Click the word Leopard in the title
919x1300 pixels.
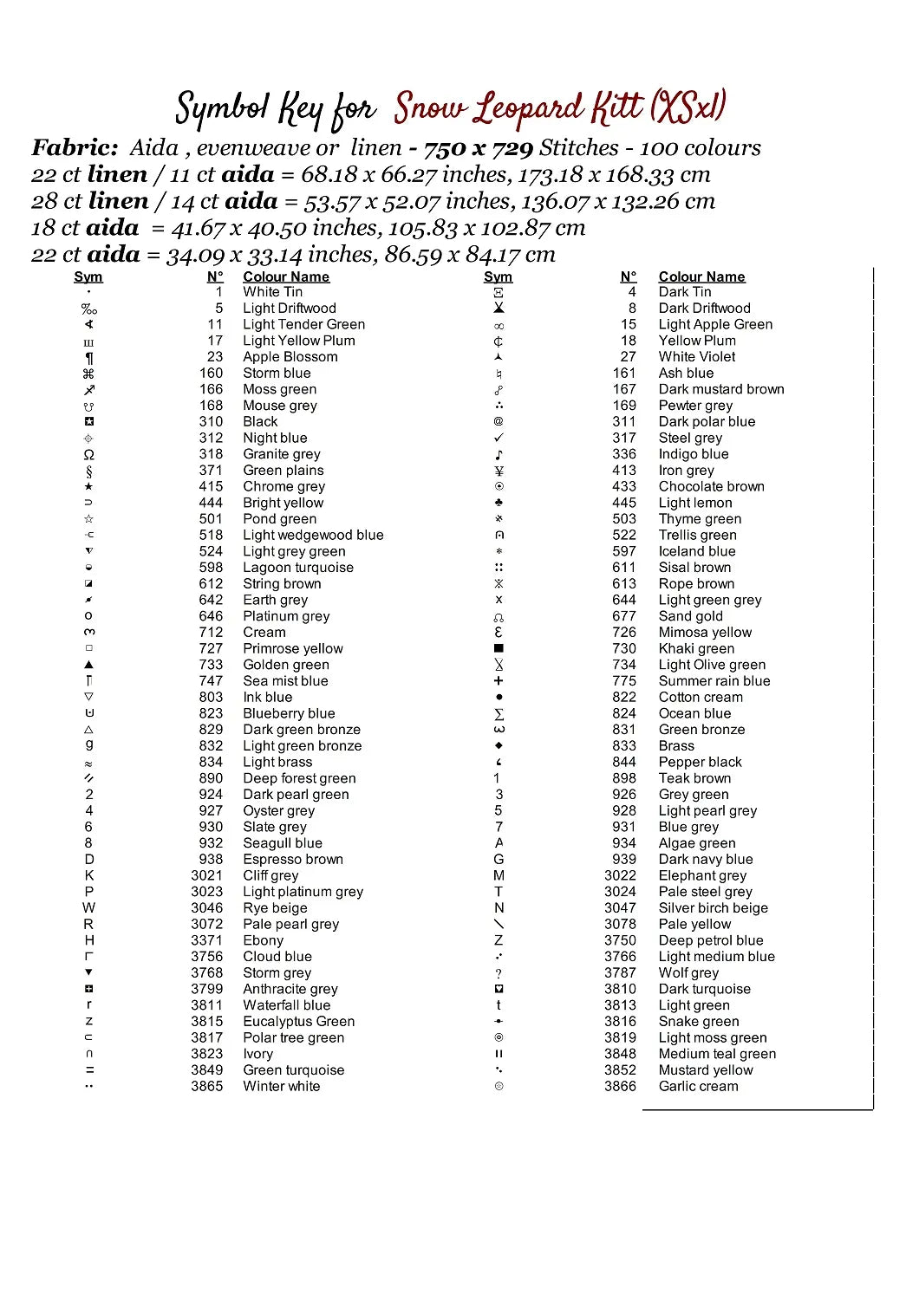point(528,109)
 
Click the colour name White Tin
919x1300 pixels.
point(272,292)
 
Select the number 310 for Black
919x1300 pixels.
point(211,422)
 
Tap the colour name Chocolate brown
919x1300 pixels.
point(711,487)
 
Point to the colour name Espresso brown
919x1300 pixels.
point(292,860)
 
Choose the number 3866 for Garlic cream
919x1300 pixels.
point(620,1087)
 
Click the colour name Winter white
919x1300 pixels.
point(281,1087)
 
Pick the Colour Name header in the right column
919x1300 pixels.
point(701,277)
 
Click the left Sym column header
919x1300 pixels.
point(88,277)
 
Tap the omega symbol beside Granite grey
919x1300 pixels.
point(88,455)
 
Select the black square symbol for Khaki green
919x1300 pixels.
point(499,648)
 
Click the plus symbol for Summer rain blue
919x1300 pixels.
point(499,681)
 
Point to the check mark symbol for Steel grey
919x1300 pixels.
point(499,439)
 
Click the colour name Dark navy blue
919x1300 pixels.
point(705,860)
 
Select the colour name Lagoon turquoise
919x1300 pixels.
point(297,568)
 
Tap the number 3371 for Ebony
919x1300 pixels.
point(206,940)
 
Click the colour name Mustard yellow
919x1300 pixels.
point(705,1070)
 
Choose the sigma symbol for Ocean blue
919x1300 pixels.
point(499,714)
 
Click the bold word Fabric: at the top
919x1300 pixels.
point(75,148)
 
